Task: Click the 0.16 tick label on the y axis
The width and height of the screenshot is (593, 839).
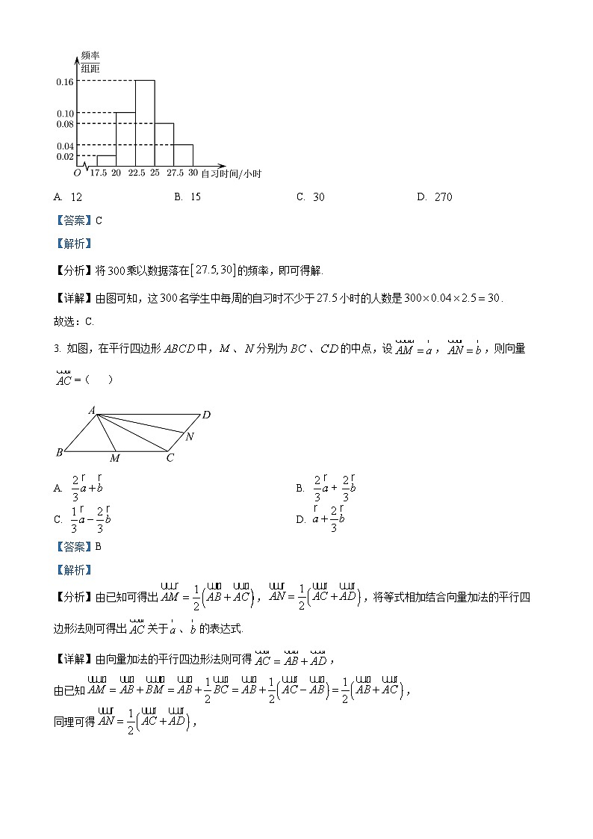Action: [64, 81]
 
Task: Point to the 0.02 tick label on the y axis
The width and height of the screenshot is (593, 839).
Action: [64, 156]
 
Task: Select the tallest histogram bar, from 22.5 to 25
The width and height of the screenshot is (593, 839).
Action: [145, 123]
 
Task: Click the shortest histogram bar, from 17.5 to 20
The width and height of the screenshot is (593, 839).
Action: [106, 161]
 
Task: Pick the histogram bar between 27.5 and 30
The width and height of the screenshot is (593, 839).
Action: [183, 155]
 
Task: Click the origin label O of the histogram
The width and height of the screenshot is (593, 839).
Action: [77, 173]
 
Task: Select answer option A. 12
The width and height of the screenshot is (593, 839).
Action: [68, 197]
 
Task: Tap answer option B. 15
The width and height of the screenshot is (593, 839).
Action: [187, 197]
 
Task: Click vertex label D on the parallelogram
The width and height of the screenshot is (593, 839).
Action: [206, 415]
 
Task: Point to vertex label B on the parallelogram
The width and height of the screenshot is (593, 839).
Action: [59, 452]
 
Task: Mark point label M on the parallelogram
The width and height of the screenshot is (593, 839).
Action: [114, 458]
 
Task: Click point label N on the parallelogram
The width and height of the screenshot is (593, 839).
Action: [190, 436]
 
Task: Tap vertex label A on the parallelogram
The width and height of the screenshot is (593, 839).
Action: [91, 409]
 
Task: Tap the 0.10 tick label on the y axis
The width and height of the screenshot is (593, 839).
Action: [64, 114]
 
